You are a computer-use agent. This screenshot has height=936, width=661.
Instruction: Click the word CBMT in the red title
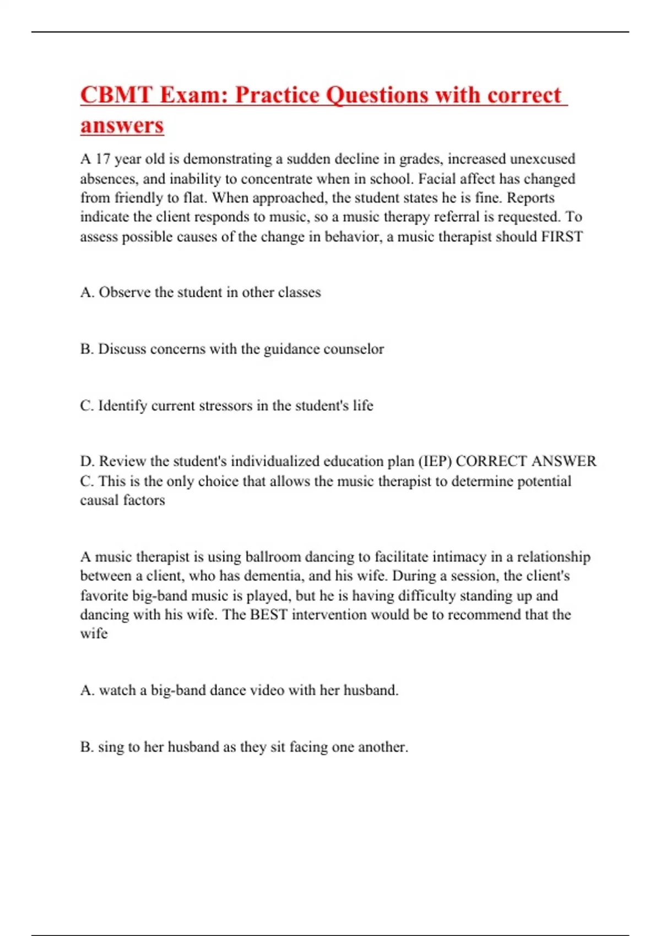tap(116, 95)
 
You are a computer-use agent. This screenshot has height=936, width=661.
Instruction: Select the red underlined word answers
tap(122, 126)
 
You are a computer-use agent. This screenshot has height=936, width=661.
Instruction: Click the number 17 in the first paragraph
tap(103, 159)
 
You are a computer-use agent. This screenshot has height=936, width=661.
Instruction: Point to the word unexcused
tap(542, 159)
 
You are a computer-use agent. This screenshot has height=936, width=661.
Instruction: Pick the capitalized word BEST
tap(268, 614)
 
